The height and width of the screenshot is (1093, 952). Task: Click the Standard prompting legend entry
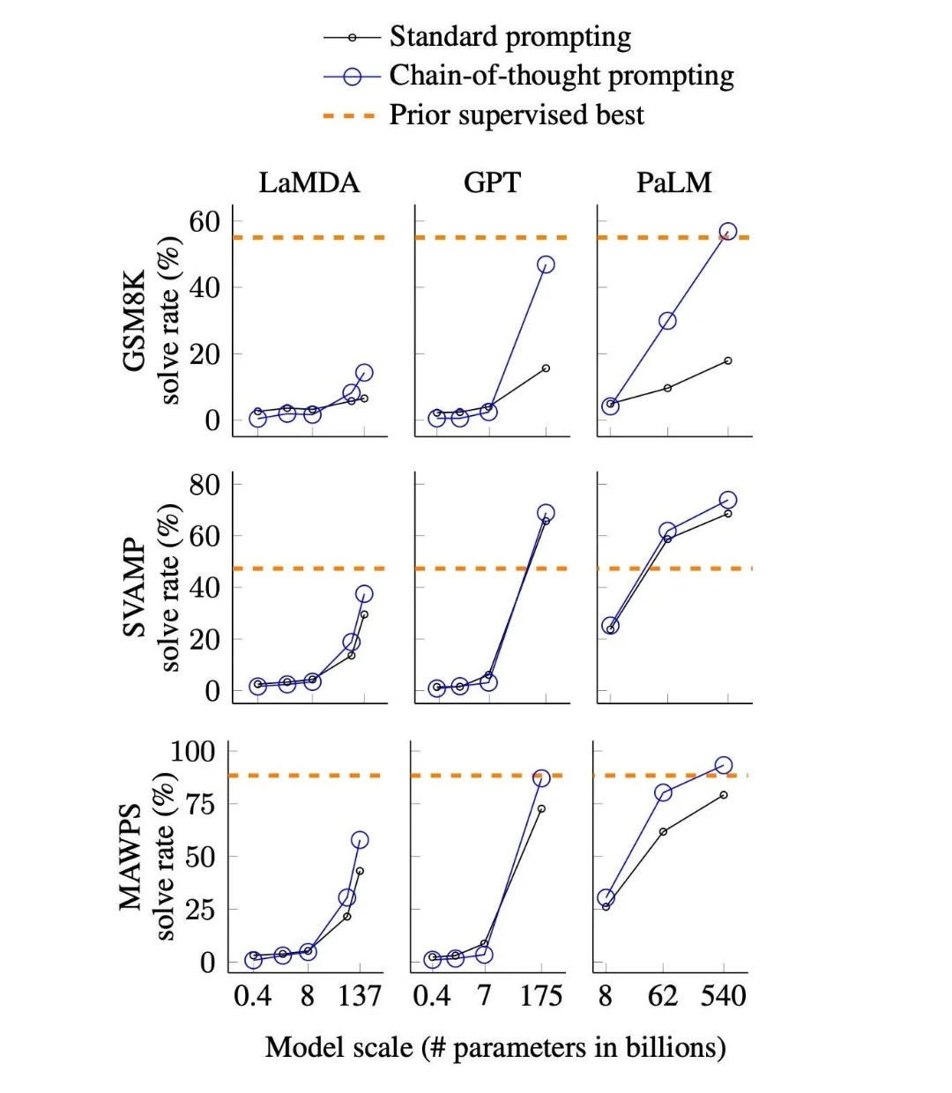pyautogui.click(x=509, y=37)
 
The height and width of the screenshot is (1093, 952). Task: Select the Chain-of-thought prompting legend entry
pyautogui.click(x=561, y=76)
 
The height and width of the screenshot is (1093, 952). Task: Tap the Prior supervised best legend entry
pyautogui.click(x=516, y=115)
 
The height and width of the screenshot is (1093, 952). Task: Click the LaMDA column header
pyautogui.click(x=309, y=182)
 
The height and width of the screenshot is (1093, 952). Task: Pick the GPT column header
pyautogui.click(x=492, y=182)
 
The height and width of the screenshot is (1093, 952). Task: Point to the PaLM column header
pyautogui.click(x=673, y=182)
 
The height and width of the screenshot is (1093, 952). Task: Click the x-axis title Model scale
pyautogui.click(x=495, y=1047)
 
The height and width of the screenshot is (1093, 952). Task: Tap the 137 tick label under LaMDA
pyautogui.click(x=360, y=996)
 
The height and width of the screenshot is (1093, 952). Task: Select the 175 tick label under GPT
pyautogui.click(x=540, y=996)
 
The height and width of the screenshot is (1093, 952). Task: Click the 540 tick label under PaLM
pyautogui.click(x=723, y=996)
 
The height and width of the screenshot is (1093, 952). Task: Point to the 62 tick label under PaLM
pyautogui.click(x=663, y=996)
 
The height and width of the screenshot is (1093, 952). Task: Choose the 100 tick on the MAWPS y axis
pyautogui.click(x=192, y=751)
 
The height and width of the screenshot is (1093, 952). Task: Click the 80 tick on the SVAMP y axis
pyautogui.click(x=204, y=484)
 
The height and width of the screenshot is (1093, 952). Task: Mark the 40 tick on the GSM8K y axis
pyautogui.click(x=204, y=287)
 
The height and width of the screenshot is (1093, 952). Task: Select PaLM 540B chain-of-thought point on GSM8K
pyautogui.click(x=728, y=232)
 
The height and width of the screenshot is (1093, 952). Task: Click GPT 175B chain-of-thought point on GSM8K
pyautogui.click(x=546, y=264)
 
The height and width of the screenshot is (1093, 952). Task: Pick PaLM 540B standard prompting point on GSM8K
pyautogui.click(x=728, y=361)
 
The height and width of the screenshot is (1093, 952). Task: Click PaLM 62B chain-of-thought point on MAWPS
pyautogui.click(x=663, y=792)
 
